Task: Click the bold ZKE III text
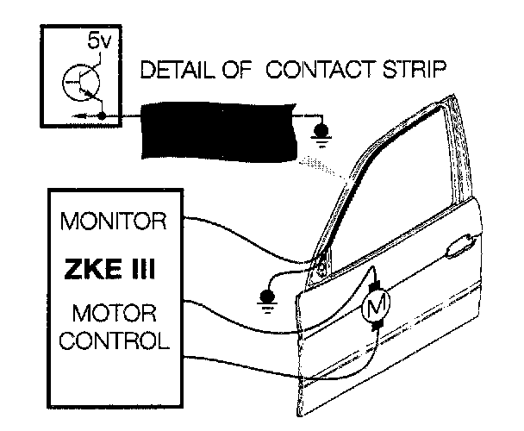(109, 269)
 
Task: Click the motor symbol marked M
(376, 303)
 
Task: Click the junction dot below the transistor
(103, 114)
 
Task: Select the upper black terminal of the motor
(375, 282)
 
